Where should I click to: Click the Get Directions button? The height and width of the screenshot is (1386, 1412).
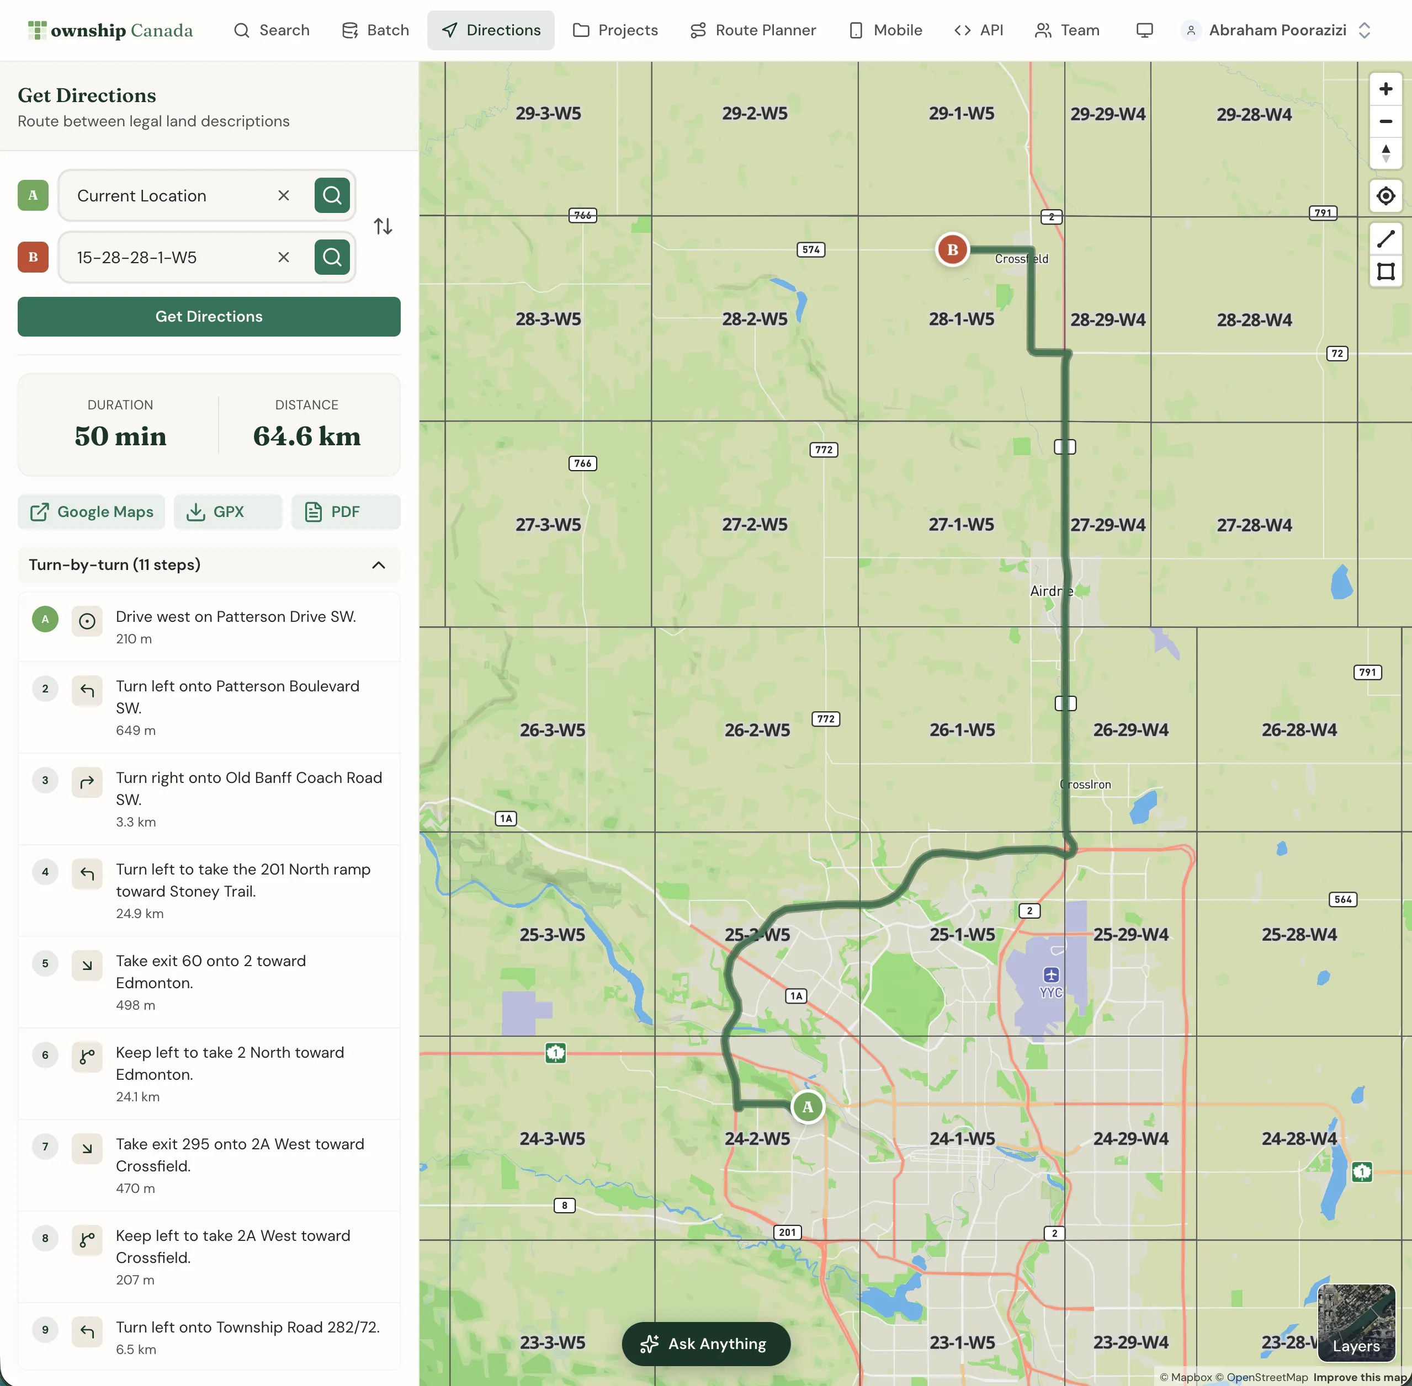209,317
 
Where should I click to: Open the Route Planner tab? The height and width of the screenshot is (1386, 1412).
753,30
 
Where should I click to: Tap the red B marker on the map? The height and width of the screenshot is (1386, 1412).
952,250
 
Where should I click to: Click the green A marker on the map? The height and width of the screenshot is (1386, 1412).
808,1107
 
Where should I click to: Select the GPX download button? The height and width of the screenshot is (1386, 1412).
227,511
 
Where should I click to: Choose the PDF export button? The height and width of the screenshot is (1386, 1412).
345,511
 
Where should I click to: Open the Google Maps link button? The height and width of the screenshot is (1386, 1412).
92,511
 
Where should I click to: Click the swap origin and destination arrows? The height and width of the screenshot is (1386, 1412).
383,226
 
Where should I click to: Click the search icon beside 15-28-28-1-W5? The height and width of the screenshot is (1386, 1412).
332,257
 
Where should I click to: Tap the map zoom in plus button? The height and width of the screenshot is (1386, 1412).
1385,89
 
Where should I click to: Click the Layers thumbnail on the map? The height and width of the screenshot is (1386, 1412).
1356,1323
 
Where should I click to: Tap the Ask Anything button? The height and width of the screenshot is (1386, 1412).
705,1344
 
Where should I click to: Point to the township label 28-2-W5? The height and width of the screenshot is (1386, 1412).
755,319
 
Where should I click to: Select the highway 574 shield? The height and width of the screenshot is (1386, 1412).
810,250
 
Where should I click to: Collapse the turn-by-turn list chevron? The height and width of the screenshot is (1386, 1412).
379,565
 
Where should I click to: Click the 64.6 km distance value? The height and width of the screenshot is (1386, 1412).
306,436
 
